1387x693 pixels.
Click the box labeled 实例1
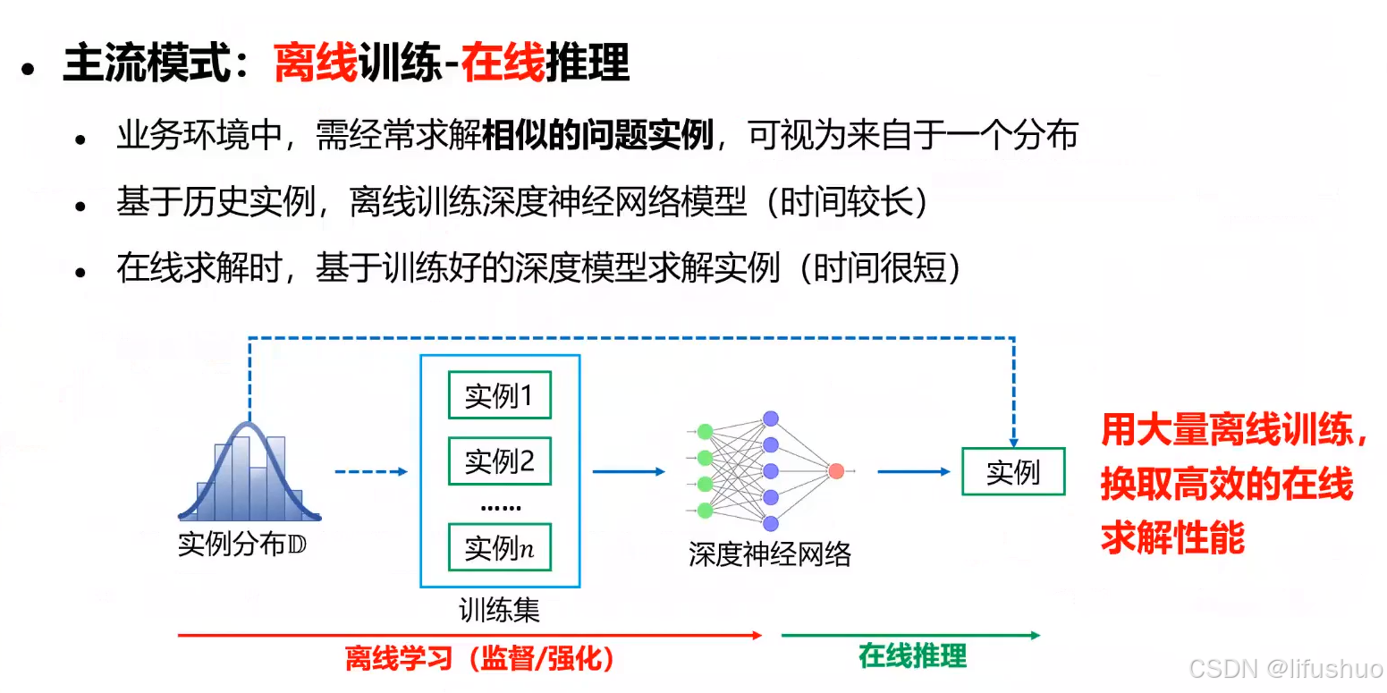499,395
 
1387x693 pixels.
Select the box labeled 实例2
499,461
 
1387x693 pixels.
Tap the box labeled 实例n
499,547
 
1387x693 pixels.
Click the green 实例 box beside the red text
1013,471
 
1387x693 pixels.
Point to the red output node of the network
836,471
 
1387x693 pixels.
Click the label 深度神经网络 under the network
769,554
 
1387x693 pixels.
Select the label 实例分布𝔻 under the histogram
241,544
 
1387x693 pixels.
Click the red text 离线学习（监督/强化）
480,659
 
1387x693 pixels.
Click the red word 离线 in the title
316,63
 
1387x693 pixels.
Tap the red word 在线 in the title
503,63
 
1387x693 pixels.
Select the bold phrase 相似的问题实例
597,135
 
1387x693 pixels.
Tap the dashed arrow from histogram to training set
370,471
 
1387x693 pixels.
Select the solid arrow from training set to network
629,471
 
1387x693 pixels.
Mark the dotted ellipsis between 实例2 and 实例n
500,507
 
